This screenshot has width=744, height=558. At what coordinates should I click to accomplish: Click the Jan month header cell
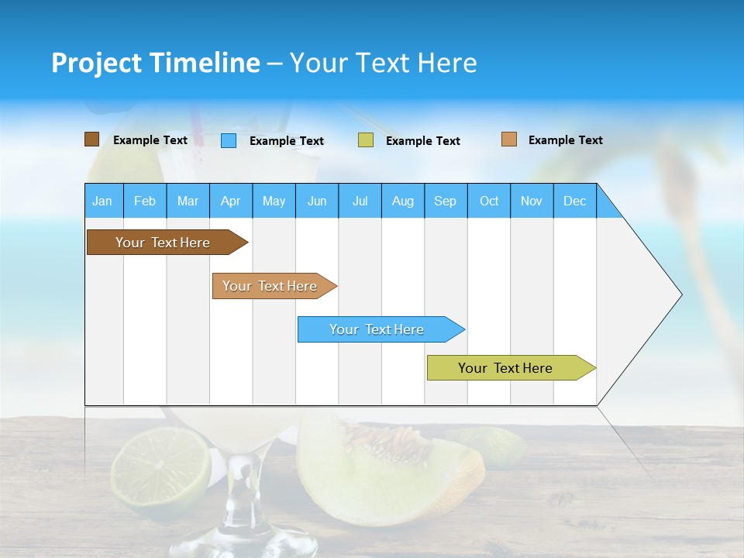(x=103, y=201)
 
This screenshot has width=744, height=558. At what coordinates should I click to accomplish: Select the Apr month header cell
(x=231, y=201)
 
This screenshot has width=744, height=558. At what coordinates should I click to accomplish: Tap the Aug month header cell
(x=403, y=201)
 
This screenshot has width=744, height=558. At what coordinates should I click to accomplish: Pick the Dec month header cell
(x=575, y=201)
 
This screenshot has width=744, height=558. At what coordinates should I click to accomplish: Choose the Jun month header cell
(x=317, y=201)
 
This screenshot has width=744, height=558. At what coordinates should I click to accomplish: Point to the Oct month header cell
(x=489, y=201)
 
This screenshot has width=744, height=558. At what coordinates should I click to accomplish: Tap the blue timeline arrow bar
(x=377, y=329)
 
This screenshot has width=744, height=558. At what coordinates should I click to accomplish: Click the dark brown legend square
(x=91, y=139)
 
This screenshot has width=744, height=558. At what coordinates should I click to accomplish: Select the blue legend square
(x=229, y=140)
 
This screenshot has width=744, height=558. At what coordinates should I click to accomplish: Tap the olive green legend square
(x=366, y=140)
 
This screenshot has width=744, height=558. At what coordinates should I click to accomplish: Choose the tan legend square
(x=508, y=139)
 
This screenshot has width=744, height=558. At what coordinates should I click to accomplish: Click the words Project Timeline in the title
(x=155, y=63)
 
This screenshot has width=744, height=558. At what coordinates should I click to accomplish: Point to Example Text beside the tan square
(x=565, y=140)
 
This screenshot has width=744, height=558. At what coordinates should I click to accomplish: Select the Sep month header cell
(x=446, y=201)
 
